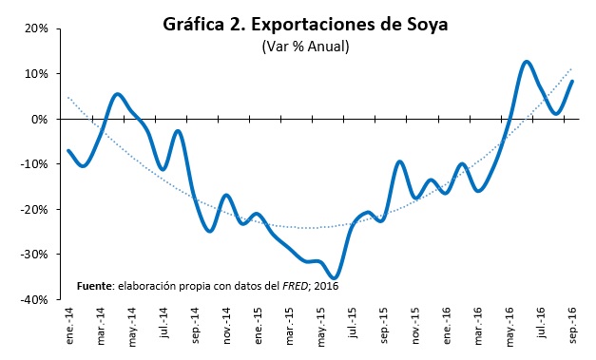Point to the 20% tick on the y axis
pos(36,28)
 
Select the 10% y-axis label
pos(36,74)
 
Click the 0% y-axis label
pos(40,119)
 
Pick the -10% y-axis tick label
pos(34,164)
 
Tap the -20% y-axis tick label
pos(34,209)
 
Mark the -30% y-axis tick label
pos(34,255)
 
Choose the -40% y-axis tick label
pos(34,299)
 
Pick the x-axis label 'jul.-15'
pos(353,324)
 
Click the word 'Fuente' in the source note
pos(95,284)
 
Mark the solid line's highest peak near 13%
pos(527,62)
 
